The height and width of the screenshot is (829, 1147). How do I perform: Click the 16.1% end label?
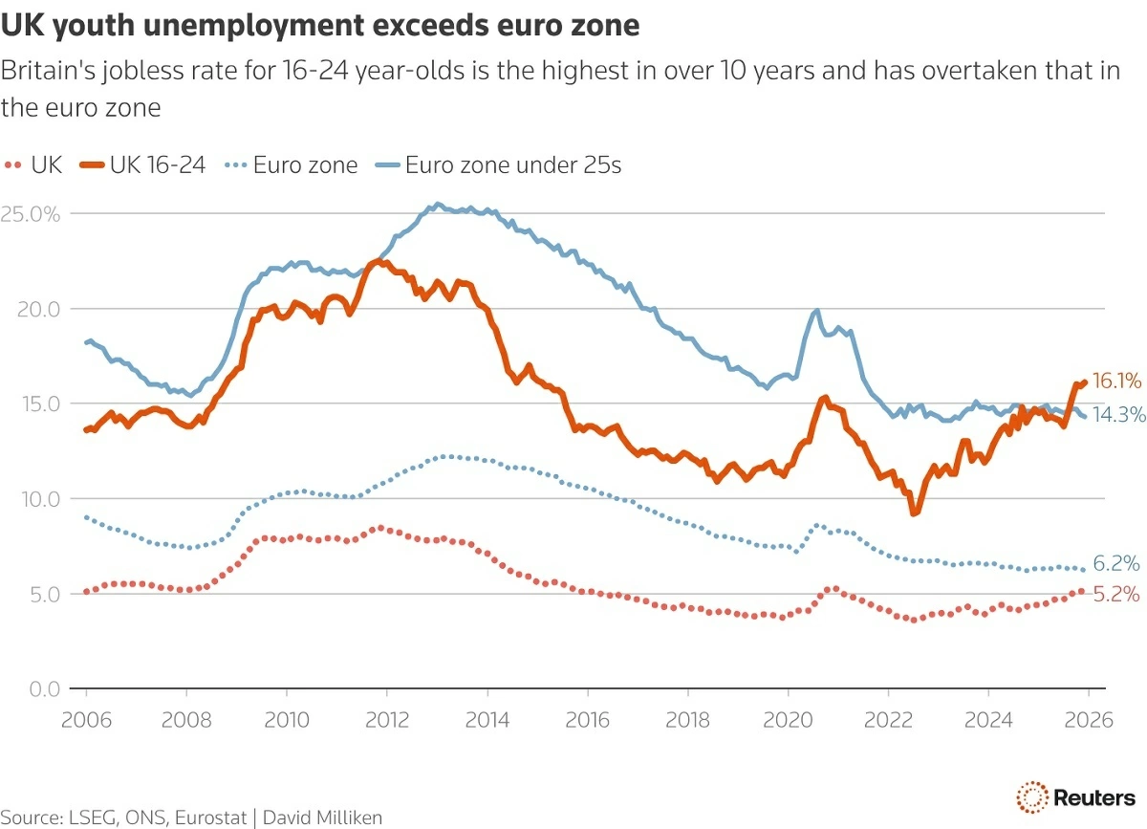click(x=1116, y=382)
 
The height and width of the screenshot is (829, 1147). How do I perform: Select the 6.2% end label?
click(x=1116, y=564)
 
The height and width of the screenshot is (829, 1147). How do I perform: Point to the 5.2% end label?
click(x=1116, y=594)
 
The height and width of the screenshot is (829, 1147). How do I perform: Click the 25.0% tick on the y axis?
click(x=31, y=214)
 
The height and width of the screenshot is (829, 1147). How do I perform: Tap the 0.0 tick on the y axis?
click(x=42, y=688)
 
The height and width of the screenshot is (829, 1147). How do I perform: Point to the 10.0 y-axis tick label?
click(x=38, y=499)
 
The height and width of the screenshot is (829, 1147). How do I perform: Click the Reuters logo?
click(x=1076, y=796)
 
